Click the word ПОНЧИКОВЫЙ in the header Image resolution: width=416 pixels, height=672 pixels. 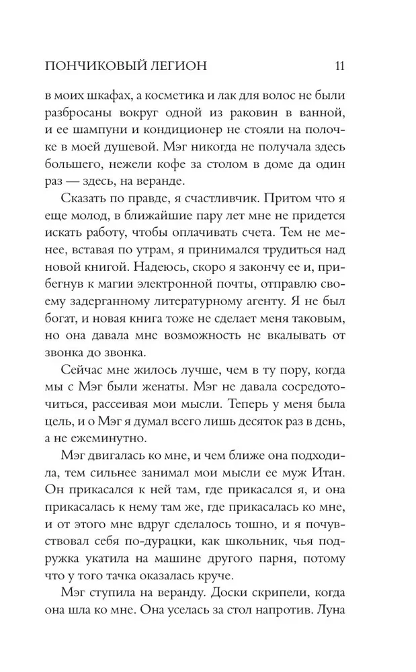tap(90, 66)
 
